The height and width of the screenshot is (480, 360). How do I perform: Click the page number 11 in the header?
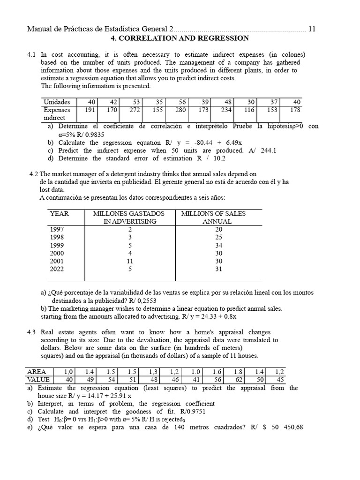pyautogui.click(x=312, y=29)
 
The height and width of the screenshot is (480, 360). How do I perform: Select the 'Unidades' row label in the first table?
pyautogui.click(x=57, y=102)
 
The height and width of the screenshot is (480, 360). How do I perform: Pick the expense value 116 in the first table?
pyautogui.click(x=249, y=110)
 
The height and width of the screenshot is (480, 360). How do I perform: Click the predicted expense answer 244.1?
pyautogui.click(x=268, y=150)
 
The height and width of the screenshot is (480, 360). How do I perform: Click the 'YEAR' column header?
pyautogui.click(x=59, y=214)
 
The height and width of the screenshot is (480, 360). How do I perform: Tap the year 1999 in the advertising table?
pyautogui.click(x=57, y=245)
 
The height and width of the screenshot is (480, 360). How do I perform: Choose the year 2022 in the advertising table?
pyautogui.click(x=57, y=269)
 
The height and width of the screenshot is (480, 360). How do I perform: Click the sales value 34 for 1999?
pyautogui.click(x=219, y=245)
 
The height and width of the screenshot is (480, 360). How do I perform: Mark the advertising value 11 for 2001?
pyautogui.click(x=130, y=261)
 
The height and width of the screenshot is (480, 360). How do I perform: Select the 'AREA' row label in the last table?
pyautogui.click(x=37, y=372)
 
